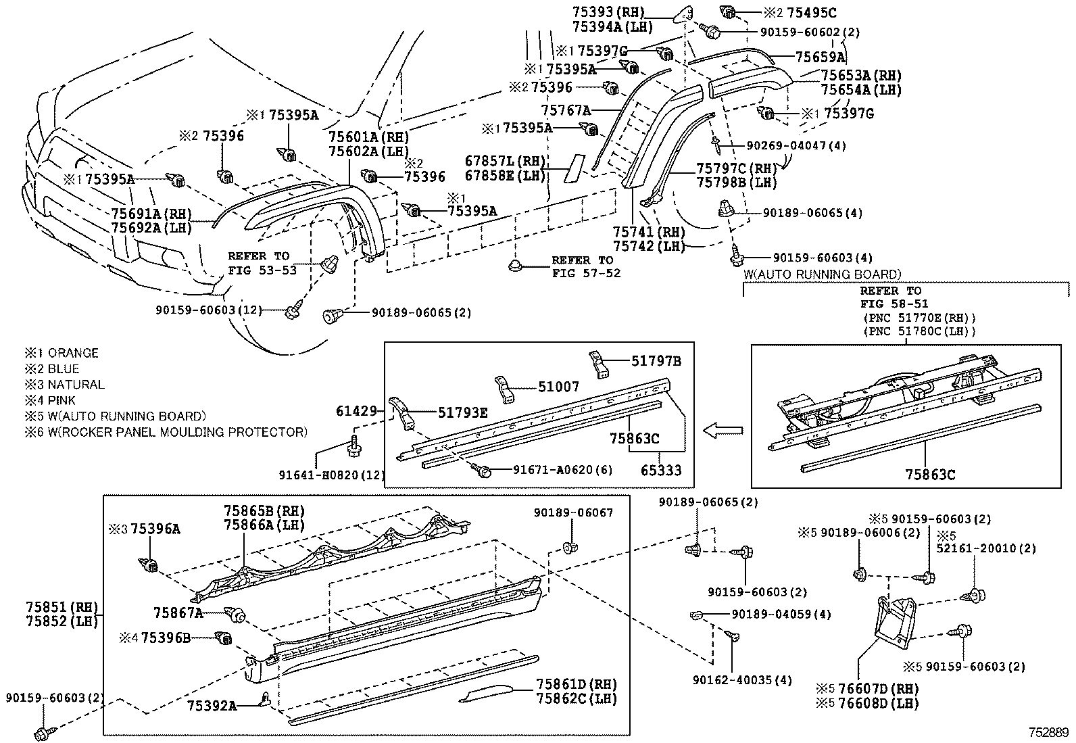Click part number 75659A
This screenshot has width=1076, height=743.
point(821,57)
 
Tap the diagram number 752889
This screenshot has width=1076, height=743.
point(1049,732)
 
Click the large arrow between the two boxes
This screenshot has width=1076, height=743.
point(723,430)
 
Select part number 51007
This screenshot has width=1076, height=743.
point(558,387)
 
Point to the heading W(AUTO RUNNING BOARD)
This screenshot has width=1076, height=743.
point(822,274)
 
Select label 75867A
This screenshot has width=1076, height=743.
point(178,613)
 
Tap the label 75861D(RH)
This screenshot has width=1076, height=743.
point(577,685)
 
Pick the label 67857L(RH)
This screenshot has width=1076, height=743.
point(505,161)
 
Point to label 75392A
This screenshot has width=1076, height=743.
point(212,706)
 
